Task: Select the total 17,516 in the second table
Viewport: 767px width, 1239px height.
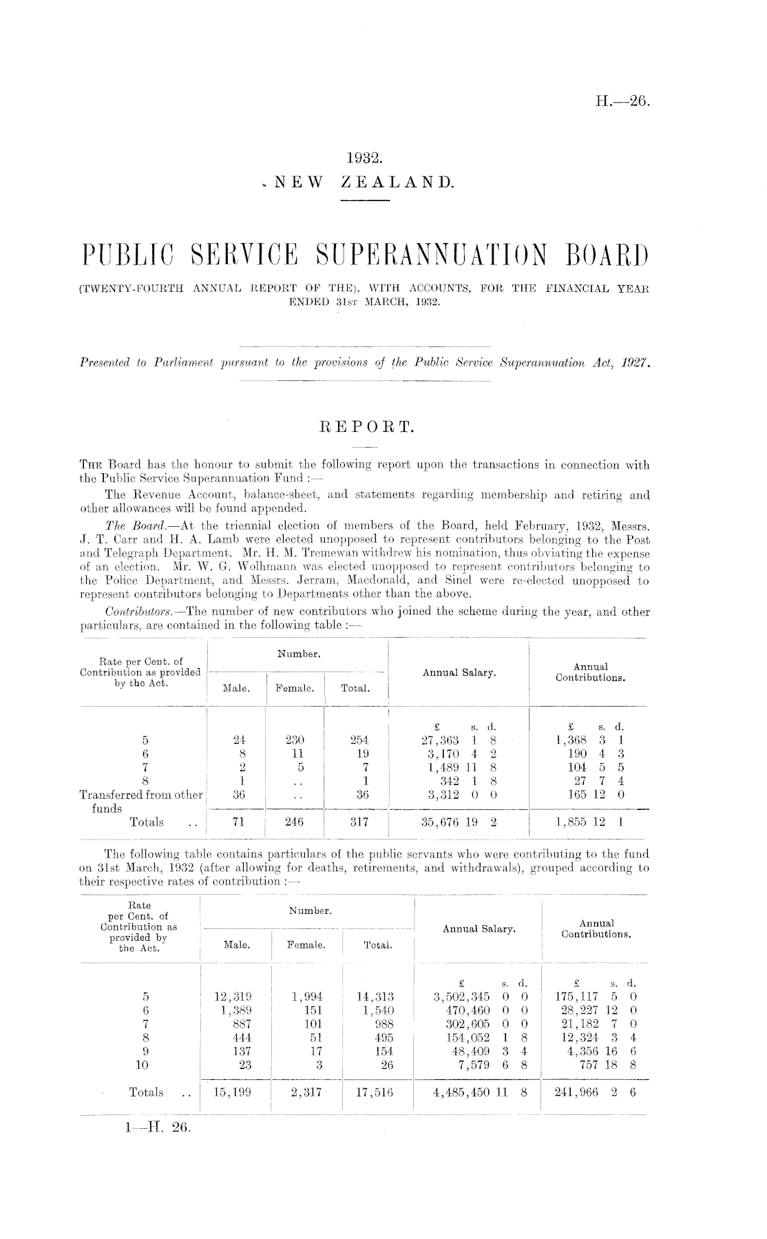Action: (x=372, y=1092)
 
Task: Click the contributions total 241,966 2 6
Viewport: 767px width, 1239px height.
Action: (x=596, y=1092)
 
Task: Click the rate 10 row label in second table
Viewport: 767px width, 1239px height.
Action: (x=145, y=1065)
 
